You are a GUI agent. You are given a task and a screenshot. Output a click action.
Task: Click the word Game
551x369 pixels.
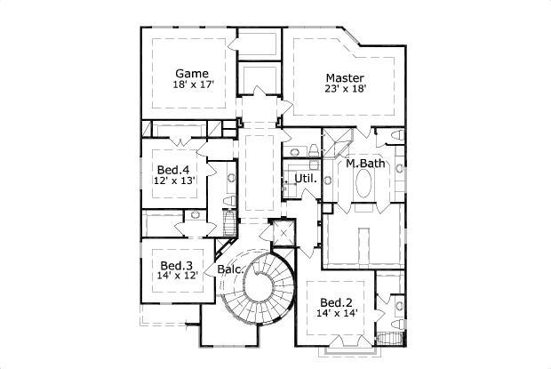click(191, 73)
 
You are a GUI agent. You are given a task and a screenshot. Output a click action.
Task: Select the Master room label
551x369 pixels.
click(345, 77)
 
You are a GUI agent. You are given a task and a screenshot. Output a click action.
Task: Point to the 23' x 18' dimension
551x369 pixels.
click(345, 90)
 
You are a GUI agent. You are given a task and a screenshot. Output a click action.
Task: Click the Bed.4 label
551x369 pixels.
click(173, 170)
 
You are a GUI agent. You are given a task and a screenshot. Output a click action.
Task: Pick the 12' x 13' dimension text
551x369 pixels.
click(173, 181)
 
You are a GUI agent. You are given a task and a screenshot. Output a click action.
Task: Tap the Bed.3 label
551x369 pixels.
click(177, 266)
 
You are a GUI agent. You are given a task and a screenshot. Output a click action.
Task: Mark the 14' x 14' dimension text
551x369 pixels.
click(337, 313)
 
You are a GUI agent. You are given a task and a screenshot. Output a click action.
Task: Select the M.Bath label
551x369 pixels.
click(364, 164)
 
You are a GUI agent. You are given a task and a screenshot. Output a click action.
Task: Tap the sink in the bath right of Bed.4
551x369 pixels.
click(232, 178)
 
